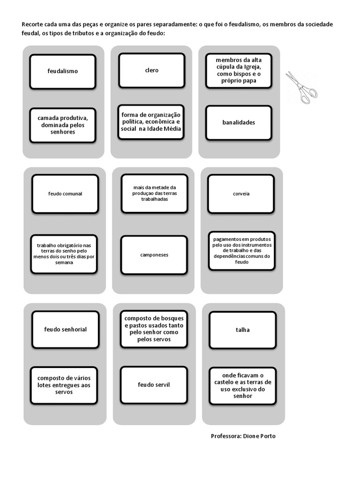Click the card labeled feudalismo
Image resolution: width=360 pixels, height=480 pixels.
(x=63, y=72)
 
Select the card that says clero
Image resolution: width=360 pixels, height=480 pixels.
(x=152, y=70)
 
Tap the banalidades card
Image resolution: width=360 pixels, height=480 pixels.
(x=239, y=123)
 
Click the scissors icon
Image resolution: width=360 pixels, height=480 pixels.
(x=301, y=88)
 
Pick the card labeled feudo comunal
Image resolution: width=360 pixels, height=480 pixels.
(x=65, y=194)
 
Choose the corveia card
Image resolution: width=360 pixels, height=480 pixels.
(x=241, y=194)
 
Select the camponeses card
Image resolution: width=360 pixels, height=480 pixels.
(x=154, y=255)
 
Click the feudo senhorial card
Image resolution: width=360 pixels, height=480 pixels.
(x=66, y=330)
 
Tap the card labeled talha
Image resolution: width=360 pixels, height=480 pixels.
(x=243, y=330)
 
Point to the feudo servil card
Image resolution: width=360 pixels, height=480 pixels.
(x=154, y=385)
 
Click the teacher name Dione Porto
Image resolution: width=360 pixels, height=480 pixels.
(x=259, y=436)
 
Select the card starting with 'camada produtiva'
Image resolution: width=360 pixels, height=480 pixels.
(x=63, y=125)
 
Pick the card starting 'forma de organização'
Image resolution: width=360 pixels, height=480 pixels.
(x=151, y=122)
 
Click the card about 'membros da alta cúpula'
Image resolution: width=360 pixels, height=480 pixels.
(x=239, y=71)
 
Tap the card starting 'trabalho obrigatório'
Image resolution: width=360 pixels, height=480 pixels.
(x=64, y=254)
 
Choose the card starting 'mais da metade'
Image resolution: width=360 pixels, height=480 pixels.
(x=154, y=194)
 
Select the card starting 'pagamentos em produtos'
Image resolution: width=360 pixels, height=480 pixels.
(x=242, y=251)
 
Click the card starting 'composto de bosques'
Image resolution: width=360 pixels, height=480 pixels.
(x=154, y=329)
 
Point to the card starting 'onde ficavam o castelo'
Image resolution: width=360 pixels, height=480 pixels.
(x=243, y=386)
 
